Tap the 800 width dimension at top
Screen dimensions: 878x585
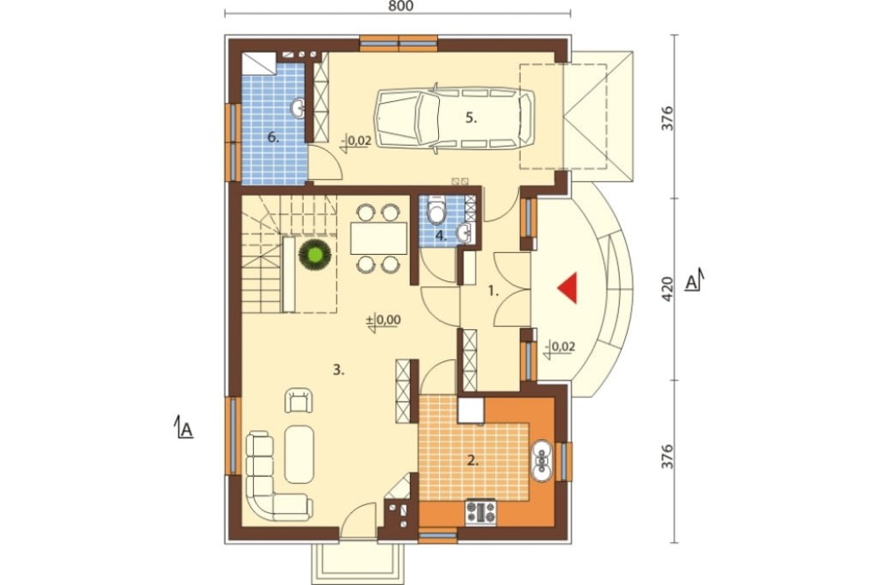tap(400, 6)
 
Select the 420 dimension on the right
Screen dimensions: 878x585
tap(667, 289)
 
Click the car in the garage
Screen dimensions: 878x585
tap(454, 118)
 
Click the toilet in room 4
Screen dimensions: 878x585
tap(435, 212)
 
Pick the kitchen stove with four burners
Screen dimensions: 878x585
tap(481, 512)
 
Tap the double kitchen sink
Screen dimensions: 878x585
tap(542, 460)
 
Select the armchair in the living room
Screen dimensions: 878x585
tap(299, 400)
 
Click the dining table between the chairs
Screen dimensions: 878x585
tap(379, 238)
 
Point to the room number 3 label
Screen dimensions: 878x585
tap(338, 370)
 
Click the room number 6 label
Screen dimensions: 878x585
tap(273, 137)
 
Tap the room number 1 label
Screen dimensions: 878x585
tap(493, 291)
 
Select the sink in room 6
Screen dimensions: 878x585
tap(298, 107)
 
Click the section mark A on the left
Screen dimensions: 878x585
tap(184, 428)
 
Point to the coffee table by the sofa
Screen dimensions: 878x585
tap(299, 454)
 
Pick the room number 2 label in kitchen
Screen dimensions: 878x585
tap(473, 461)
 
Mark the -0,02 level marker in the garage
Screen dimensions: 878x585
tap(356, 142)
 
